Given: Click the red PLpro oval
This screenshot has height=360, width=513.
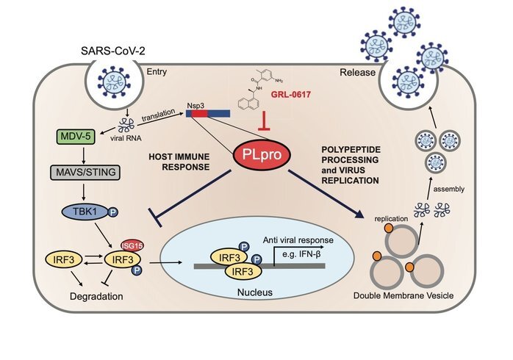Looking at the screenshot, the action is click(x=262, y=155).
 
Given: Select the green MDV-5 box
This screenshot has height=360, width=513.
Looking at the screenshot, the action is click(x=76, y=137).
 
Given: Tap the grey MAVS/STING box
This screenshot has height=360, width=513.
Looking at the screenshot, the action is click(x=85, y=173).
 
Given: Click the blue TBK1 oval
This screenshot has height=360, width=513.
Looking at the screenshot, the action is click(x=86, y=212).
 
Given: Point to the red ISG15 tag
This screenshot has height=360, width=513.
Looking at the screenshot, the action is click(x=132, y=245).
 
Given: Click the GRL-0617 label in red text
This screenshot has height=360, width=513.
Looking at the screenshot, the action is click(x=291, y=95).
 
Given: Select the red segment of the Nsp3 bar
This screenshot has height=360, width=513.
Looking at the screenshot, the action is click(x=200, y=113).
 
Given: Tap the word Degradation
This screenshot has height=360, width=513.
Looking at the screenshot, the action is click(x=96, y=297).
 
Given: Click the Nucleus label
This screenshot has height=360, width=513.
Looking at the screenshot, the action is click(x=255, y=292).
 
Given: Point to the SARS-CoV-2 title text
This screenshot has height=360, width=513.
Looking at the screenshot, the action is click(x=113, y=51).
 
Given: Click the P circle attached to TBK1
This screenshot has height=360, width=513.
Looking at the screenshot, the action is click(x=113, y=212).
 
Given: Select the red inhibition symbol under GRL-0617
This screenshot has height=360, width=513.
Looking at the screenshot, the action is click(x=264, y=121).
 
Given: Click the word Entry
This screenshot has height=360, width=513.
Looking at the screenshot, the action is click(x=157, y=72).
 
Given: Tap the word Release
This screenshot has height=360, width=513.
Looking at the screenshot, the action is click(x=358, y=72).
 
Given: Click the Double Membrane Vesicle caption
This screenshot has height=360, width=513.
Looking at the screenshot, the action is click(x=403, y=296).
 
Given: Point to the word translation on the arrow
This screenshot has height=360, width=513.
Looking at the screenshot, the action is click(x=159, y=115).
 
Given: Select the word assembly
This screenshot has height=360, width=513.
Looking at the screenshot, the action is click(x=448, y=190).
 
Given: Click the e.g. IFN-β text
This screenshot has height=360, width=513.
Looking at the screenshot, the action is click(x=301, y=254).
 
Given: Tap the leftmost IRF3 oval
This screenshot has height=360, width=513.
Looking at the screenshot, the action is click(x=65, y=259).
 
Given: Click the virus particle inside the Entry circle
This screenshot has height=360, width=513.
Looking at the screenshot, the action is click(x=114, y=82).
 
